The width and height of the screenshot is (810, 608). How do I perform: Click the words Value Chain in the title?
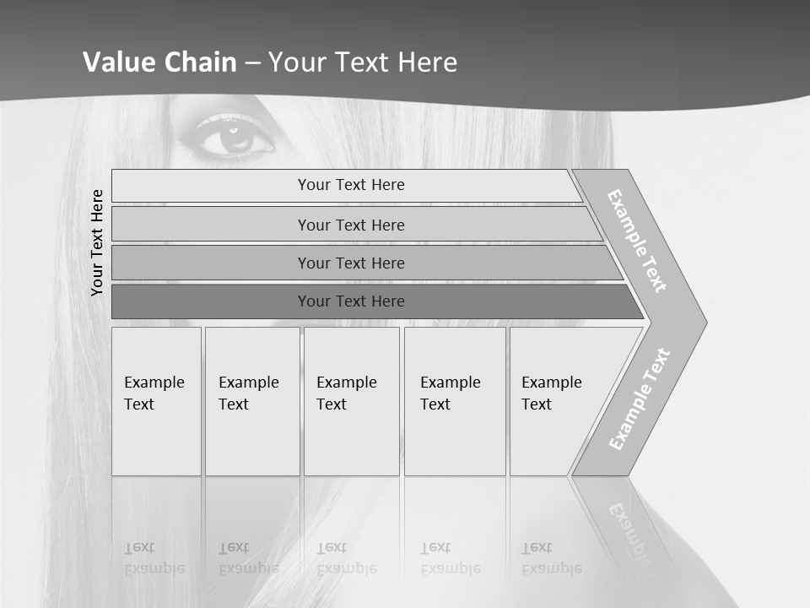point(159,62)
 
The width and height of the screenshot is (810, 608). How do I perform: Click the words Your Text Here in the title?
point(363,62)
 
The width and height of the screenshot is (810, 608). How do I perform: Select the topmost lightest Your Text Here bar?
point(350,185)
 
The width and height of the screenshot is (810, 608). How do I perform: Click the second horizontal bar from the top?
point(350,225)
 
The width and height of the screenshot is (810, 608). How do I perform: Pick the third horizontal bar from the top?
point(350,263)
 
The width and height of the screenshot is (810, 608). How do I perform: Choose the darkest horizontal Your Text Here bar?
point(350,301)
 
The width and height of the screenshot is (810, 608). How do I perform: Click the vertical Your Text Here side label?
point(97,242)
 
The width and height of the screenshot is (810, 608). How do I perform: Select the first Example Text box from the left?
point(156,401)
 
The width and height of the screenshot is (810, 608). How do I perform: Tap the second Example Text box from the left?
point(251,401)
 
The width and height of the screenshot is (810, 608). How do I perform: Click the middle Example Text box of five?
point(351,401)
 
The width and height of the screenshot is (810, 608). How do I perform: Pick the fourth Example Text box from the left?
point(454,401)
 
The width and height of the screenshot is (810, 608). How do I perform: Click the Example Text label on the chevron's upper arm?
point(637,241)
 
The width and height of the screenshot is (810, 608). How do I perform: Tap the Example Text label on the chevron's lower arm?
point(640,399)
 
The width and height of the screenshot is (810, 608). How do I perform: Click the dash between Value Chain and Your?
point(252,62)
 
